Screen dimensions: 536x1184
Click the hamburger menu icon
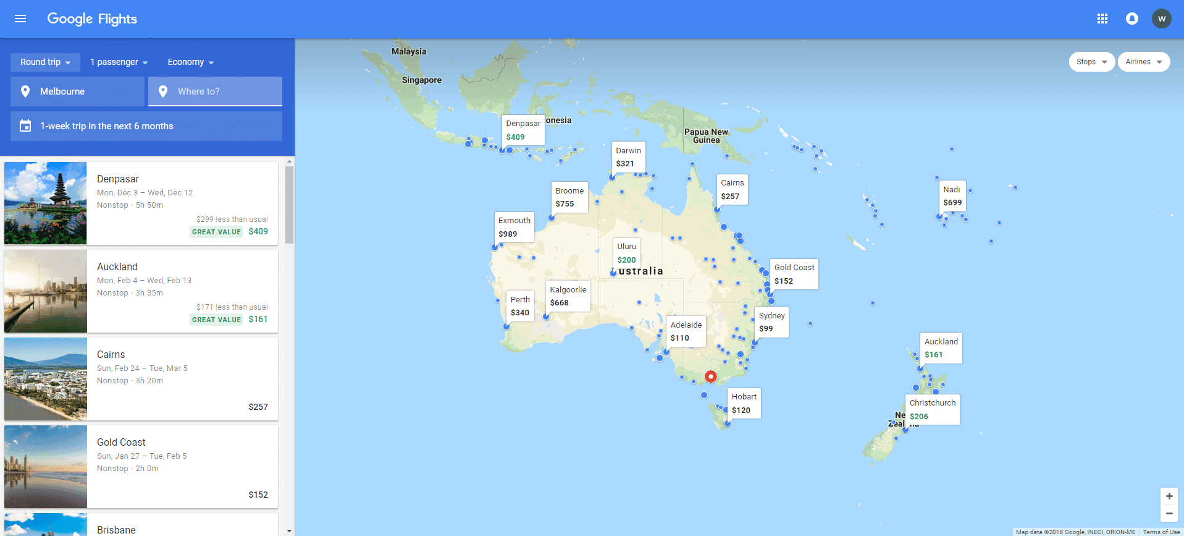[x=20, y=19]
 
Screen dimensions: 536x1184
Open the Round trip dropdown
[x=45, y=62]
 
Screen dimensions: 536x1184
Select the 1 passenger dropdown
[x=119, y=62]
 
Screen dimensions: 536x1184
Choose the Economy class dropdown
[x=190, y=62]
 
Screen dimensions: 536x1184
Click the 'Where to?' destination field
[x=215, y=91]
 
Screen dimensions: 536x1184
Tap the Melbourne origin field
[x=77, y=91]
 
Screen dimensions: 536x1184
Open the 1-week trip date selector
[x=146, y=126]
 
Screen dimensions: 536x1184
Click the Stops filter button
[x=1091, y=62]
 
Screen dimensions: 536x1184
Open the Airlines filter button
[x=1143, y=62]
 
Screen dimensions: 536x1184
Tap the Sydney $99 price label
[x=771, y=322]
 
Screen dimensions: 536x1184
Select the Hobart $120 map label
[x=744, y=403]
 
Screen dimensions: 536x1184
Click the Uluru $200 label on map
[x=626, y=253]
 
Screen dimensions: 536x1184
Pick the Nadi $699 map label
[x=952, y=195]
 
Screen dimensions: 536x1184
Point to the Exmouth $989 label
[x=514, y=227]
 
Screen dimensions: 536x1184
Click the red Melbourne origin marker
[x=711, y=376]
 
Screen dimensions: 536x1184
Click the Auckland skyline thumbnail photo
[x=46, y=291]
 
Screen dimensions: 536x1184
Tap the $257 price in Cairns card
[x=258, y=407]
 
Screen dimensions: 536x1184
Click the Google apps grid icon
[x=1102, y=19]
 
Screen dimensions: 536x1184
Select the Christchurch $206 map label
[x=932, y=409]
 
